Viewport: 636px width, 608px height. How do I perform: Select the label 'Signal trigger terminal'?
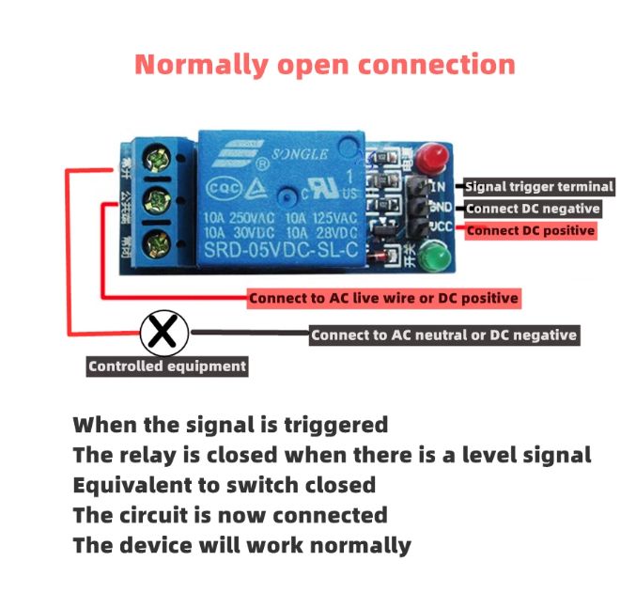click(539, 187)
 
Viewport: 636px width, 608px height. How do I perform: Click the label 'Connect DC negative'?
click(533, 209)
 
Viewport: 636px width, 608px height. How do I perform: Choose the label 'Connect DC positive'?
click(531, 230)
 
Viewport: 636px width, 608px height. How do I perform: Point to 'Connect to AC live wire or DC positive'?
click(383, 299)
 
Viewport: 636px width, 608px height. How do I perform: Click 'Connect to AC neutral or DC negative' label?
click(443, 335)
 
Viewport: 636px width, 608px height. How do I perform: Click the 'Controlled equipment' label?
click(167, 366)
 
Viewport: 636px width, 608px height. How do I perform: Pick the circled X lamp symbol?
click(164, 332)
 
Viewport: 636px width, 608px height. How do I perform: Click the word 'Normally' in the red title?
click(201, 65)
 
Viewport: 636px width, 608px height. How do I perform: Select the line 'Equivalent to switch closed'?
click(225, 485)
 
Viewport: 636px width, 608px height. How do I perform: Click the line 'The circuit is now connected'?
click(230, 515)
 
